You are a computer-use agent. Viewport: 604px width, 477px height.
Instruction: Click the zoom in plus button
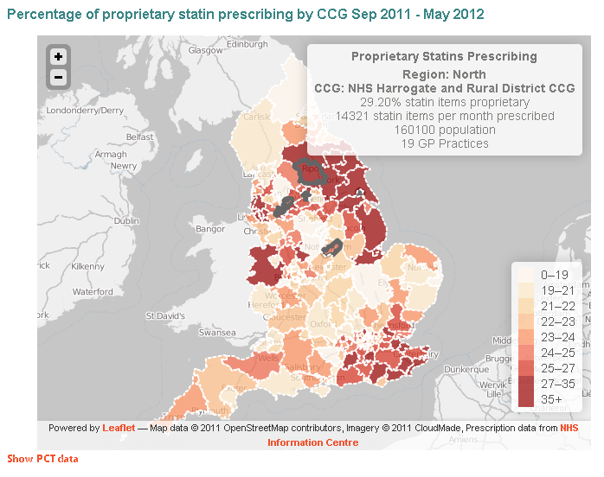[x=58, y=57]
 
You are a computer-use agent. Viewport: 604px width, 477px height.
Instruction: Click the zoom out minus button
[x=58, y=77]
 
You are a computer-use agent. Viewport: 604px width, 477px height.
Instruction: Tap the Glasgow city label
[x=206, y=50]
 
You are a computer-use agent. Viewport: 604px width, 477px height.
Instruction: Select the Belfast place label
[x=139, y=137]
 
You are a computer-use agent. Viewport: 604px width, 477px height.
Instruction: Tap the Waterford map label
[x=93, y=292]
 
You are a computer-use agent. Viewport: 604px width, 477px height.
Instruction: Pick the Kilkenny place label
[x=87, y=266]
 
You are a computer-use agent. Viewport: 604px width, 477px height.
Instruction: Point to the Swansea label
[x=217, y=332]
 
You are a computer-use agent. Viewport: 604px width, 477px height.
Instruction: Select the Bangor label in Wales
[x=210, y=229]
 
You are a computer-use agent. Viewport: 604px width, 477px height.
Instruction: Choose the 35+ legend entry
[x=551, y=398]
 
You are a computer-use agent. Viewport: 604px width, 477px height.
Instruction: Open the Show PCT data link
[x=42, y=458]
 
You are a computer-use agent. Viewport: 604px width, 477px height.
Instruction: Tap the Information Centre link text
[x=312, y=442]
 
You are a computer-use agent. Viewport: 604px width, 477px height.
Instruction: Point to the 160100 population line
[x=444, y=130]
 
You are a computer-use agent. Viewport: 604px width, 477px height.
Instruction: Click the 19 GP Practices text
[x=444, y=143]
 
